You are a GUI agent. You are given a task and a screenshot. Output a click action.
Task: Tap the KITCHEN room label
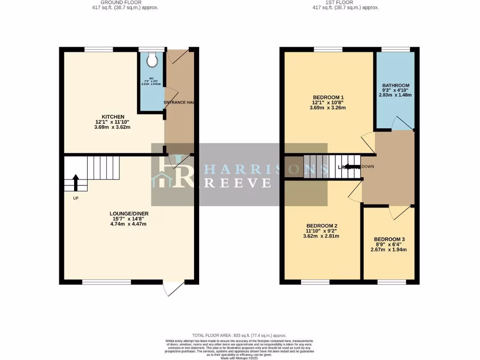pos(113,117)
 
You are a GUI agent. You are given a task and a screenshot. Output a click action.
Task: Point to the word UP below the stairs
pos(75,198)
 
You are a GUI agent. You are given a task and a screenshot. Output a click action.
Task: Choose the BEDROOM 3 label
pos(389,239)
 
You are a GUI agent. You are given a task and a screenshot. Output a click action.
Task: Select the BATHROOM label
pos(396,85)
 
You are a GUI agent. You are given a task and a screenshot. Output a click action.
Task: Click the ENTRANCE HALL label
pos(179,103)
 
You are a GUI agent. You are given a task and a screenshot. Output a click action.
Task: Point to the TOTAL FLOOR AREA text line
pos(240,336)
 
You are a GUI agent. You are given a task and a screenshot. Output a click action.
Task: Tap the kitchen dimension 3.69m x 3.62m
pos(113,127)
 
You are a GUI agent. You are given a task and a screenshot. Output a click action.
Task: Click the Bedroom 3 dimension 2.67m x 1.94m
pos(389,249)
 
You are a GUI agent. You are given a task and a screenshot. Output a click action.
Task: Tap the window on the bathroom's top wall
pos(396,49)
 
